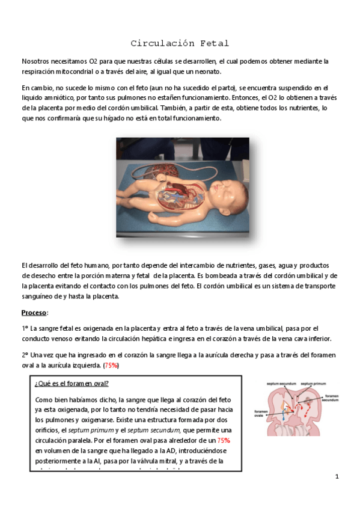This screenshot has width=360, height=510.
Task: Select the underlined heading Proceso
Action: pos(34,313)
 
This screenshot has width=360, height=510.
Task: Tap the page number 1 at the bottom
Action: pos(338,477)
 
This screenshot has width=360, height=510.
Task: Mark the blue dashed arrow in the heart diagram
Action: pos(283,414)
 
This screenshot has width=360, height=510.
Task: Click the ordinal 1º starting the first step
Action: pos(25,328)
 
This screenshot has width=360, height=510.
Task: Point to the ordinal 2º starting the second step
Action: pos(25,355)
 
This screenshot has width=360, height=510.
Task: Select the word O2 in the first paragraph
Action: pos(93,61)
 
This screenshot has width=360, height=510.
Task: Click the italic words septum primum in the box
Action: pos(84,431)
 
